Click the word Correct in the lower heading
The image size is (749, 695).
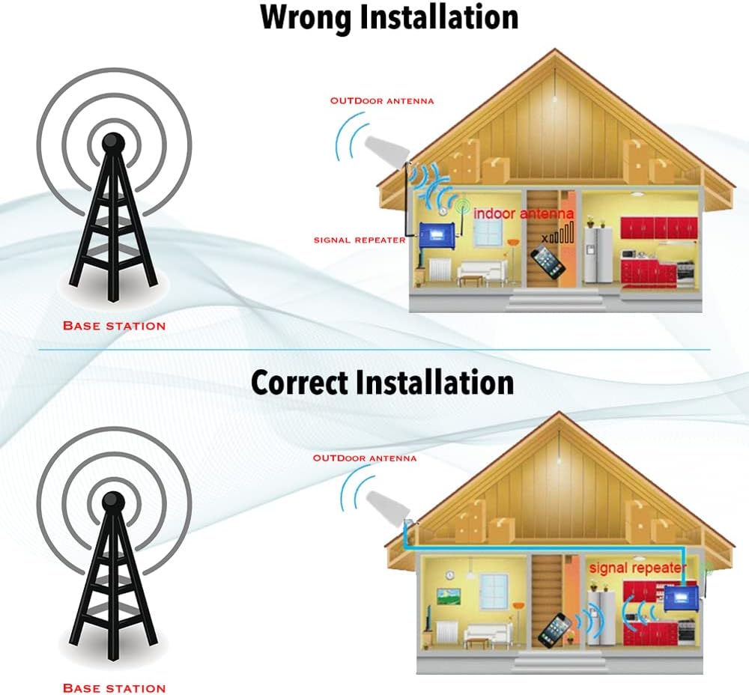tap(301, 382)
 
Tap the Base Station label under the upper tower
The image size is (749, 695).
tap(114, 326)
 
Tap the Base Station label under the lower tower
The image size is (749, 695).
tap(114, 688)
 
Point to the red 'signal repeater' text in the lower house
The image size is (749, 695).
tap(637, 568)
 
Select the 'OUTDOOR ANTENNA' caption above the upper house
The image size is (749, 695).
tap(382, 100)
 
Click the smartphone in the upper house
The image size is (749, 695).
tap(548, 263)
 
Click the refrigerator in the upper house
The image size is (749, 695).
tap(598, 255)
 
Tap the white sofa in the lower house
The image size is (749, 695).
tap(487, 636)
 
